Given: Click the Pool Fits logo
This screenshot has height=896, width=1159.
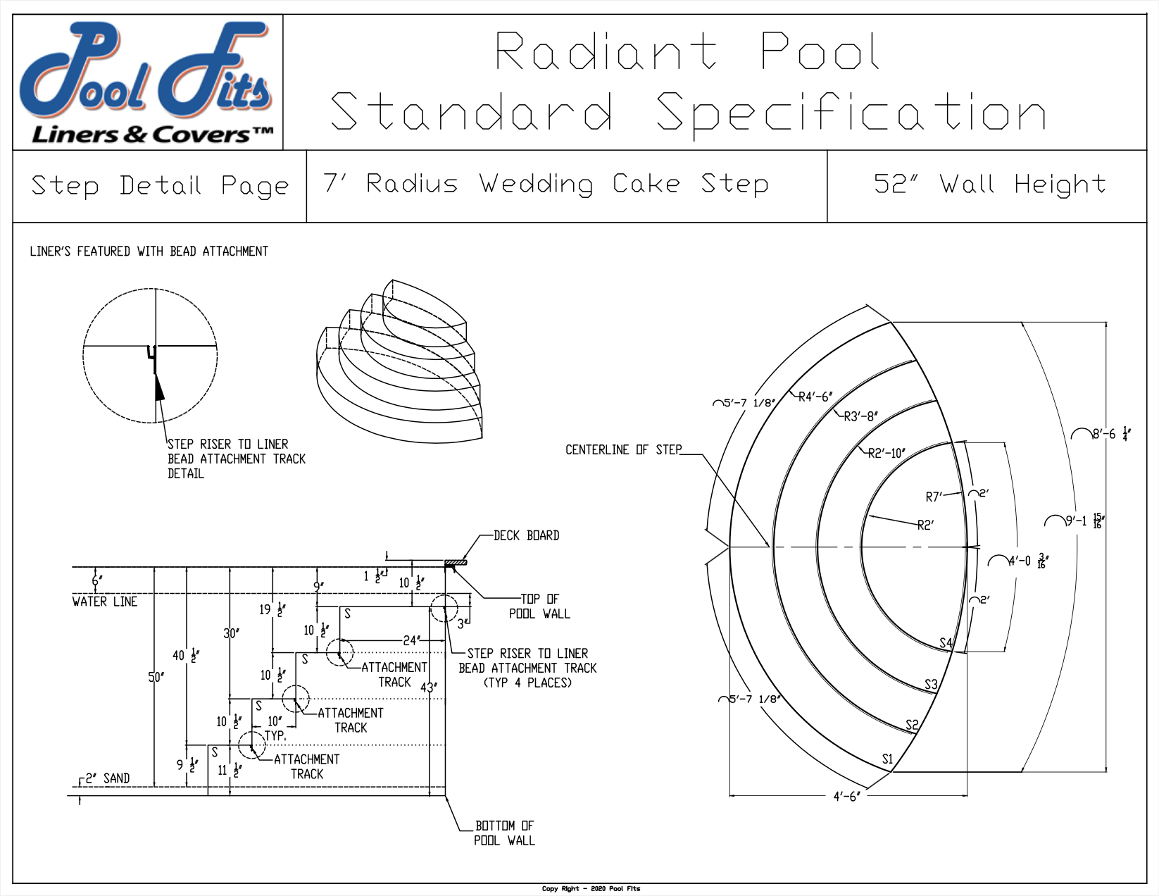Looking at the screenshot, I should pyautogui.click(x=147, y=82).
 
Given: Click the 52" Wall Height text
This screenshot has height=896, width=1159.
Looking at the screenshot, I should pyautogui.click(x=989, y=185).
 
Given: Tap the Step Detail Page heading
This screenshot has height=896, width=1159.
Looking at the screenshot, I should pyautogui.click(x=160, y=186).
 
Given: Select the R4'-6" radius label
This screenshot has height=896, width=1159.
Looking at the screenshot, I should pyautogui.click(x=815, y=397).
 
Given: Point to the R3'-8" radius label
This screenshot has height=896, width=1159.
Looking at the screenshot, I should pyautogui.click(x=860, y=417).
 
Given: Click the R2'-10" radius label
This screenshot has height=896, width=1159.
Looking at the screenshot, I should pyautogui.click(x=886, y=454).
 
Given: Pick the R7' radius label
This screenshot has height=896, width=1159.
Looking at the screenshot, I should pyautogui.click(x=934, y=497).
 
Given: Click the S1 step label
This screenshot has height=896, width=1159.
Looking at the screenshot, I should pyautogui.click(x=887, y=759).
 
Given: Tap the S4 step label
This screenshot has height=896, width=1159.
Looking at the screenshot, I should pyautogui.click(x=946, y=643).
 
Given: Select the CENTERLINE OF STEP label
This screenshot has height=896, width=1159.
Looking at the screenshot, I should pyautogui.click(x=623, y=450).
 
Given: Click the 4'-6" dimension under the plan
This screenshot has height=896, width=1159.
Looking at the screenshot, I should pyautogui.click(x=846, y=797).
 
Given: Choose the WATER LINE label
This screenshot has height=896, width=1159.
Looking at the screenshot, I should pyautogui.click(x=105, y=602).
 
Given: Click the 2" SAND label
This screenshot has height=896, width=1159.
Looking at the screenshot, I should pyautogui.click(x=108, y=778).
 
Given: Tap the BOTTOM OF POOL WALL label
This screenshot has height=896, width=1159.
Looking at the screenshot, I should pyautogui.click(x=504, y=833).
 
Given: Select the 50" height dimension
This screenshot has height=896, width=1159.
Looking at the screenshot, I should pyautogui.click(x=156, y=678).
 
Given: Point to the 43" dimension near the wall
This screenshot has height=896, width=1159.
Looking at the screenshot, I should pyautogui.click(x=428, y=687).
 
